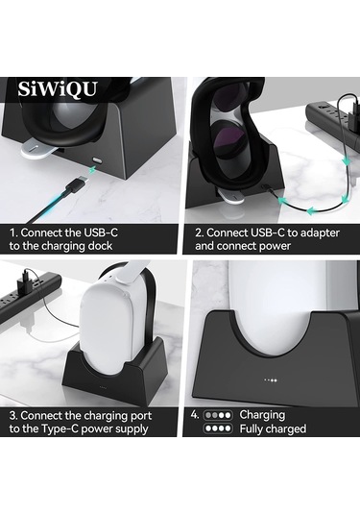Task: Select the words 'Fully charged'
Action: (x=273, y=428)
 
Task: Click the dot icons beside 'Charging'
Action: (x=219, y=415)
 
